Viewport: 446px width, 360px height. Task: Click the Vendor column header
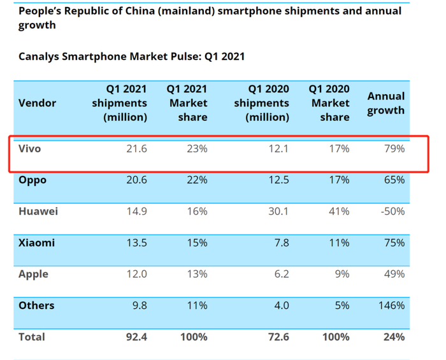(x=37, y=103)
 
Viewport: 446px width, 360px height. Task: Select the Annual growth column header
(x=385, y=103)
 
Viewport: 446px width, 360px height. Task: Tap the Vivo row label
(x=29, y=148)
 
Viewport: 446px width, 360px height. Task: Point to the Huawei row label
(x=38, y=211)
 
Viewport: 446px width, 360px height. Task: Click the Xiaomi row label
(x=36, y=243)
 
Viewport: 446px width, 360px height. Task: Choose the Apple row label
(x=33, y=274)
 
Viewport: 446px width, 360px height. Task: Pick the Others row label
(x=36, y=305)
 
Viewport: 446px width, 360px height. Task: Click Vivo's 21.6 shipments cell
(x=137, y=148)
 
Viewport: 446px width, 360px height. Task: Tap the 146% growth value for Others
(x=391, y=305)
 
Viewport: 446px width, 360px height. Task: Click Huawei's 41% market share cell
(x=338, y=211)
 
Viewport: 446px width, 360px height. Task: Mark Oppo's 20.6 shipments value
(x=137, y=180)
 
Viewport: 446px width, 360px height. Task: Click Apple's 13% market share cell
(x=196, y=274)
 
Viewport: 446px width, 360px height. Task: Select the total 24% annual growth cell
(x=394, y=336)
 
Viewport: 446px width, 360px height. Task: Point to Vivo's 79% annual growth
(x=394, y=148)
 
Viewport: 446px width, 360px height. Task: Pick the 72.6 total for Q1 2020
(x=278, y=336)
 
